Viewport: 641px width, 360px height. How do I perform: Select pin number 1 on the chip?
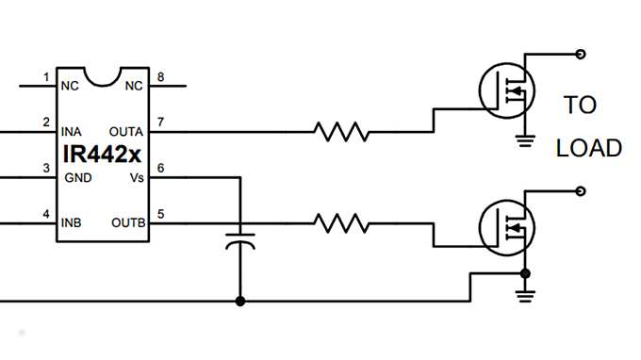pos(46,76)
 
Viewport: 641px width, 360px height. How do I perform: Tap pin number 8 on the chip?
pos(160,76)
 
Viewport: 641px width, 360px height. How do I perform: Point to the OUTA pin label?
pos(126,131)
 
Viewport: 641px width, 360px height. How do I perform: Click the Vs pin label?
pos(136,177)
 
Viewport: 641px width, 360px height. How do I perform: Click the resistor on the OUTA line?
pos(341,132)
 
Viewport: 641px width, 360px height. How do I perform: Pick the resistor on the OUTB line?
pos(341,223)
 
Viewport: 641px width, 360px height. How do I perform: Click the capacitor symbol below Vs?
pos(240,237)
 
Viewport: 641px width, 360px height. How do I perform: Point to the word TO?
pos(580,105)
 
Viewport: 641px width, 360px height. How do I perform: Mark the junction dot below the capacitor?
pos(240,302)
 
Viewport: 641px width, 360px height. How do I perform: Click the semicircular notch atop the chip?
pos(103,74)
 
